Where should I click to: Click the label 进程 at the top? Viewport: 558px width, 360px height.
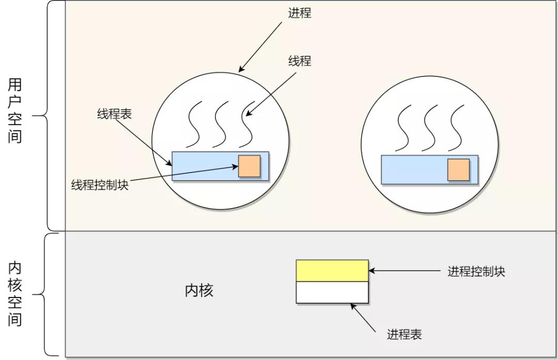(x=300, y=13)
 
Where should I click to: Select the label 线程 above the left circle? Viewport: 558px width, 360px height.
(x=300, y=61)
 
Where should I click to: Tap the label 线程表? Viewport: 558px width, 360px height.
(x=114, y=114)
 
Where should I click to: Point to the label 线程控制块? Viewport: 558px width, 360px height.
(x=100, y=184)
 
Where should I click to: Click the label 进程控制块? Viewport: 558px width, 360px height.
(x=476, y=271)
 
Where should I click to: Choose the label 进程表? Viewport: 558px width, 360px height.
(x=405, y=334)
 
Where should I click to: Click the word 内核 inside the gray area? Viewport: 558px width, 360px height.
(x=199, y=290)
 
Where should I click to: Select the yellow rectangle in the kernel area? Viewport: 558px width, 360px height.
(x=332, y=270)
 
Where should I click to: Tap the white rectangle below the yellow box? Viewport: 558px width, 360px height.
(x=332, y=292)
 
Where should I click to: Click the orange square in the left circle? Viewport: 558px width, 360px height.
(x=249, y=166)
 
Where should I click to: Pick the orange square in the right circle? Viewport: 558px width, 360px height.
(x=458, y=169)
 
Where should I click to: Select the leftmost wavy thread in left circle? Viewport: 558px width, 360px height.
(x=194, y=124)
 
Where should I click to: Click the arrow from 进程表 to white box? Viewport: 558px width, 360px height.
(x=363, y=316)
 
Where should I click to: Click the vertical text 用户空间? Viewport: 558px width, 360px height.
(x=15, y=111)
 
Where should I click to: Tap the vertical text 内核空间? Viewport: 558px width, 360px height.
(x=15, y=294)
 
